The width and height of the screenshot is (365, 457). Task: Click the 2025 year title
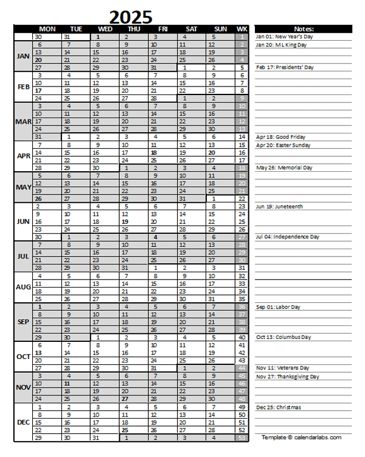(131, 16)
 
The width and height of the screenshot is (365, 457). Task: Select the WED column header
(105, 29)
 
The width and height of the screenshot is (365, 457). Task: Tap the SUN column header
(221, 29)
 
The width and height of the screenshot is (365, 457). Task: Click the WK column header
(242, 29)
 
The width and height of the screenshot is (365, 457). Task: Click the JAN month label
(23, 56)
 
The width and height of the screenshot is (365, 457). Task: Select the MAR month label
(23, 121)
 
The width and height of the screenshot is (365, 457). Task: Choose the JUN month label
(23, 221)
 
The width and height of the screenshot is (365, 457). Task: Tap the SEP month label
(23, 322)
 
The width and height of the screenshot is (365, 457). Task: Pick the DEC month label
(23, 422)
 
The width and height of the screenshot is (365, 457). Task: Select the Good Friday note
(281, 137)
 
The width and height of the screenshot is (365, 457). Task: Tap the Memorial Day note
(284, 167)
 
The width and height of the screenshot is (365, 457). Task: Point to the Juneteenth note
(279, 207)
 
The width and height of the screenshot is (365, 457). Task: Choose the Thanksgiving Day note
(288, 377)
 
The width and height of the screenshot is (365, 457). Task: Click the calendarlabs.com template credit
(302, 438)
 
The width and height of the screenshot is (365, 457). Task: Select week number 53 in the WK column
(242, 438)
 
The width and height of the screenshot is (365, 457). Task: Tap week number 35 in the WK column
(242, 299)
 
